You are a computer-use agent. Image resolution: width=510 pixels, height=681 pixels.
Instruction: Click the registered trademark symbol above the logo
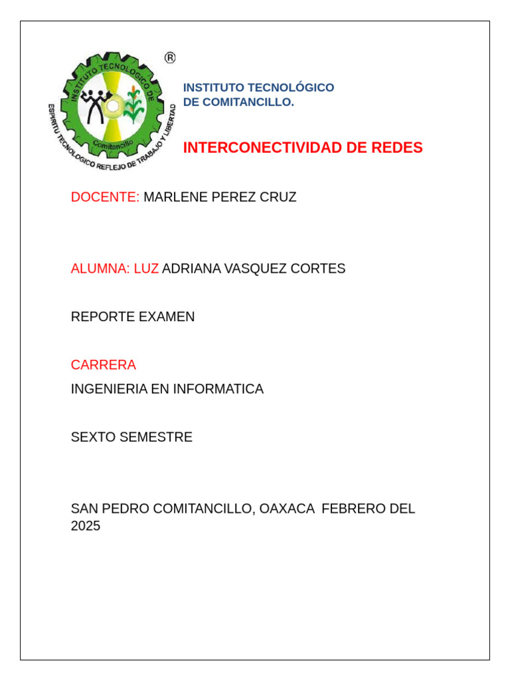(x=170, y=58)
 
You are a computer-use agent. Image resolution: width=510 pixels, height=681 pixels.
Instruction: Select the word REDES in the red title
(x=397, y=148)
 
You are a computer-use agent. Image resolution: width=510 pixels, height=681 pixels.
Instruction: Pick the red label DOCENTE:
(x=105, y=197)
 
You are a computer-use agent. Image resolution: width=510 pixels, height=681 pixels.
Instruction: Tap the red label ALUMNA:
(x=100, y=269)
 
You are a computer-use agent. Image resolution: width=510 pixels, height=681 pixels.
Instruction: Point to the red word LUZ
(x=146, y=269)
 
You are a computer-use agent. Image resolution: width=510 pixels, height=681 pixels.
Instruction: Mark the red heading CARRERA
(x=104, y=364)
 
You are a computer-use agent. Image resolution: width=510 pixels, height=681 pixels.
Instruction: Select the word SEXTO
(x=92, y=437)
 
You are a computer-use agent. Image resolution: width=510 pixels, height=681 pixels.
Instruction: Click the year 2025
(x=86, y=526)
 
